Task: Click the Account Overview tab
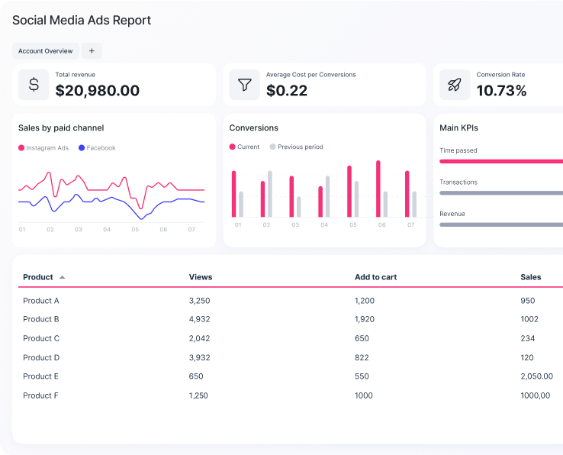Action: point(46,51)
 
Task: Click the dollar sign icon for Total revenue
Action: point(34,85)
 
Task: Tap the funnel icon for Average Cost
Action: point(244,85)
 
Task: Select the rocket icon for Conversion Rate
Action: point(455,85)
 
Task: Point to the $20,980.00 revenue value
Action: point(98,91)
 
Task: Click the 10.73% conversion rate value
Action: point(501,91)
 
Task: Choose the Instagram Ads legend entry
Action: point(43,148)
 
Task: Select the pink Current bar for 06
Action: point(378,189)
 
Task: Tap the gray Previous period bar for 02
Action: point(269,194)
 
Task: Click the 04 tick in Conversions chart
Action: point(324,225)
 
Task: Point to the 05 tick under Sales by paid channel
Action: point(135,229)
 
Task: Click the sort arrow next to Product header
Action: point(63,277)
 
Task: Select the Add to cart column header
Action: point(375,277)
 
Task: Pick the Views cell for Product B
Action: point(199,319)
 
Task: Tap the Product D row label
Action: point(41,357)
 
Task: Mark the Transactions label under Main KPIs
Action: point(458,182)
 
